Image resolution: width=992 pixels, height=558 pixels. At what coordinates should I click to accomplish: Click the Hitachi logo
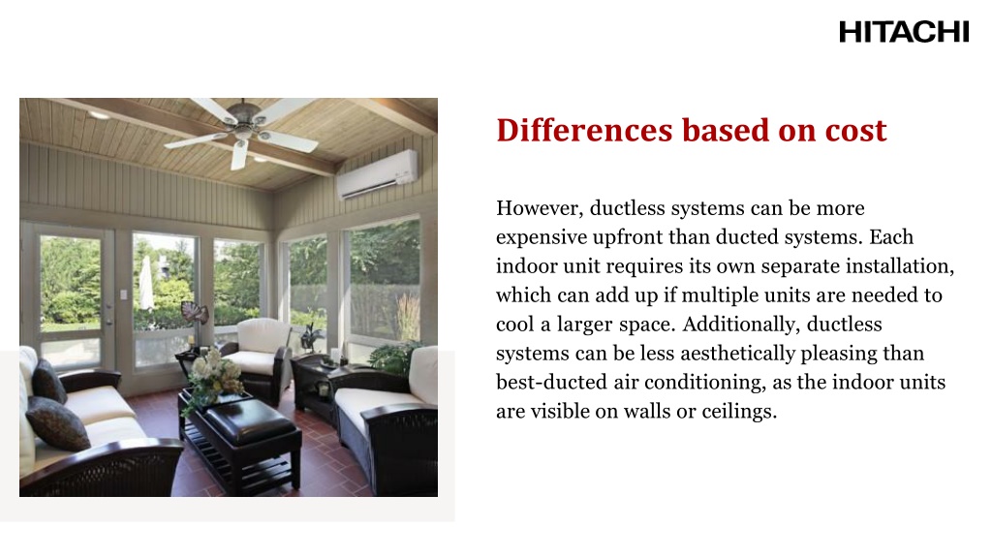coord(903,32)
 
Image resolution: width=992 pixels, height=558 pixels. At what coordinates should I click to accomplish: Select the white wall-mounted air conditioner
coord(378,174)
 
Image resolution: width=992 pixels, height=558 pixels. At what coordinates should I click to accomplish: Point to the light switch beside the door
coord(123,294)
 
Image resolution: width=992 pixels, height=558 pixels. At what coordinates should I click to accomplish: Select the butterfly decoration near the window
coord(196,314)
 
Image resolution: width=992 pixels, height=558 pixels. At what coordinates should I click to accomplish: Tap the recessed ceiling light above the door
coord(99,115)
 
